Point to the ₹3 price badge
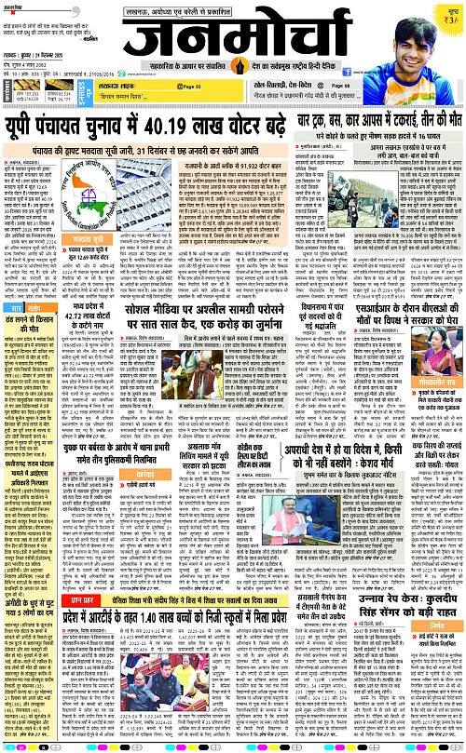click(448, 13)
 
